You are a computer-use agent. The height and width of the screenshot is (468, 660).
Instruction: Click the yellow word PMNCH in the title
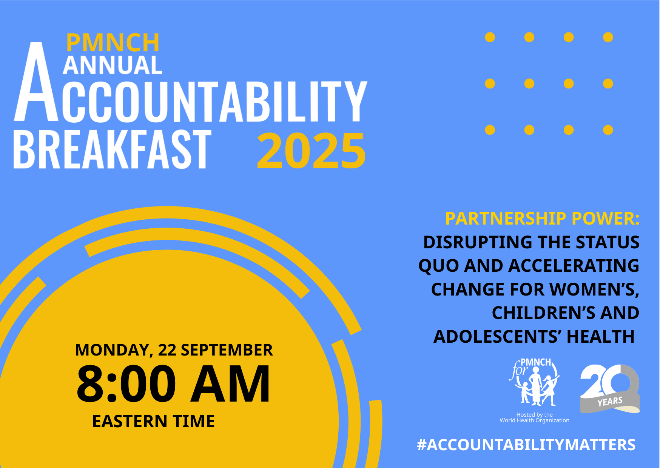(x=113, y=43)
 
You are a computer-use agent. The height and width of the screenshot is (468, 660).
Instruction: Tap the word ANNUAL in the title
(x=113, y=65)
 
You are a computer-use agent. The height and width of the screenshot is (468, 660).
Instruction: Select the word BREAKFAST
(x=112, y=149)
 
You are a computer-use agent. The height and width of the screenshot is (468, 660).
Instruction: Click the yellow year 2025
(x=311, y=151)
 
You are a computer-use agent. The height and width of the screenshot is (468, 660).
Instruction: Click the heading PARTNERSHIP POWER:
(x=542, y=219)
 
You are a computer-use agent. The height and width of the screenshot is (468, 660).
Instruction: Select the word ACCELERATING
(x=574, y=266)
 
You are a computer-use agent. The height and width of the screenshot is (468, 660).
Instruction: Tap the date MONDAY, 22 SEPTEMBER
(x=174, y=350)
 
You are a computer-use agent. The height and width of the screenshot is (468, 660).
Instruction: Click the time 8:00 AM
(x=174, y=384)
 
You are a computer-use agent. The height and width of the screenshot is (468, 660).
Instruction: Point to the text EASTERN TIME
(x=153, y=421)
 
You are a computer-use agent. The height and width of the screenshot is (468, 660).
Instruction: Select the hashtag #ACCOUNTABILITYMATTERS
(x=526, y=445)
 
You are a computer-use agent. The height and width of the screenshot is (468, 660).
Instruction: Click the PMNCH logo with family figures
(x=534, y=382)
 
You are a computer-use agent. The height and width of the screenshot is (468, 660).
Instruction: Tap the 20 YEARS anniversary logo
(x=610, y=388)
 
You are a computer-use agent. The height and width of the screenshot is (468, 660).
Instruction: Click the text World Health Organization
(x=534, y=420)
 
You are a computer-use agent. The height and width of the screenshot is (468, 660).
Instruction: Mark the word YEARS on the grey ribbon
(x=610, y=402)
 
